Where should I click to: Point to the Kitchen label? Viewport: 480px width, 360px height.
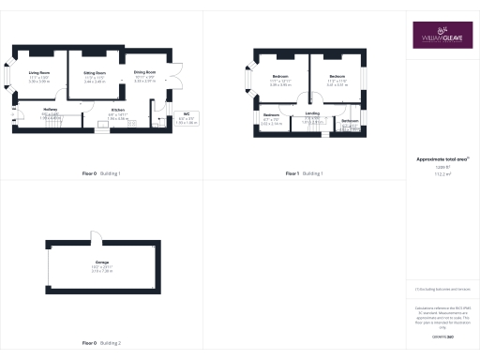118,110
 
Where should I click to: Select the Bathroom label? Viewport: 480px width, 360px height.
349,122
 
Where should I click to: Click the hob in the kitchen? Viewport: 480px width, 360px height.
131,124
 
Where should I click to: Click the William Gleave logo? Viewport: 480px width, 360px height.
435,35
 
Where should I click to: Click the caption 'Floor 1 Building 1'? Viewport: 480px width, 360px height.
304,173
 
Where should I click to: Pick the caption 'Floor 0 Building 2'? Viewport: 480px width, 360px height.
101,343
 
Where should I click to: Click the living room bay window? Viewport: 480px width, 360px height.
11,77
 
